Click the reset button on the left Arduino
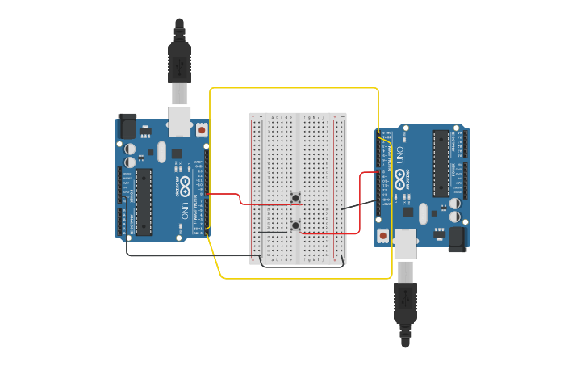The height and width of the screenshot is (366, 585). (x=201, y=129)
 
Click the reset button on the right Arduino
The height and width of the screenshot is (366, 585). (x=382, y=235)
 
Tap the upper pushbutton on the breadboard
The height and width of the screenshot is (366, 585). (x=295, y=198)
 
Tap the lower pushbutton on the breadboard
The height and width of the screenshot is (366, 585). (x=295, y=225)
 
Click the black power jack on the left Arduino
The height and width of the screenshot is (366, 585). (x=127, y=126)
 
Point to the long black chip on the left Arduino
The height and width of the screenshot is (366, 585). (x=144, y=201)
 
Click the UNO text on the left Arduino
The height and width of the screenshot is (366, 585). (x=184, y=211)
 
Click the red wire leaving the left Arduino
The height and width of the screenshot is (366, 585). (x=226, y=194)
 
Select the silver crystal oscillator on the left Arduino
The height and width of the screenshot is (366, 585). (x=161, y=152)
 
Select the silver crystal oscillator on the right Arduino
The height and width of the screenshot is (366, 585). (x=423, y=213)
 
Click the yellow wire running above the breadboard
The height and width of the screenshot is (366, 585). (x=294, y=88)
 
